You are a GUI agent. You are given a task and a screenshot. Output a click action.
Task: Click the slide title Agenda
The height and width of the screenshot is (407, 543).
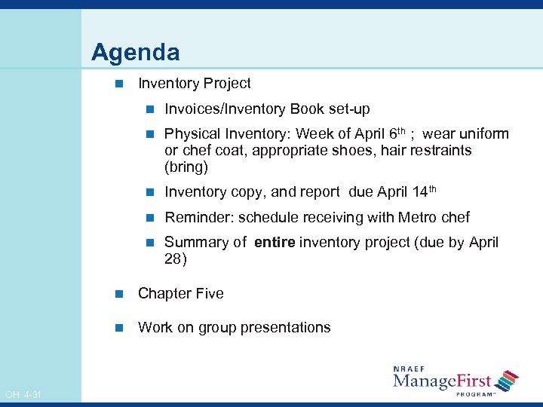click(x=136, y=53)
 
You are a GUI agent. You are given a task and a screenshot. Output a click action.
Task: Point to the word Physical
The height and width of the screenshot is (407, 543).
click(x=189, y=134)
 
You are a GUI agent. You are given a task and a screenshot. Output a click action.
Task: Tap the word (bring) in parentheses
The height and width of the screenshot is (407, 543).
click(x=186, y=167)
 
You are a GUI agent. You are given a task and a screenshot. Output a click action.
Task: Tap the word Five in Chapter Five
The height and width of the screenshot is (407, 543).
click(x=209, y=294)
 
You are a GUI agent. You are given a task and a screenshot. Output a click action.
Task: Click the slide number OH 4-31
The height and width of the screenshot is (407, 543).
click(x=23, y=395)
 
